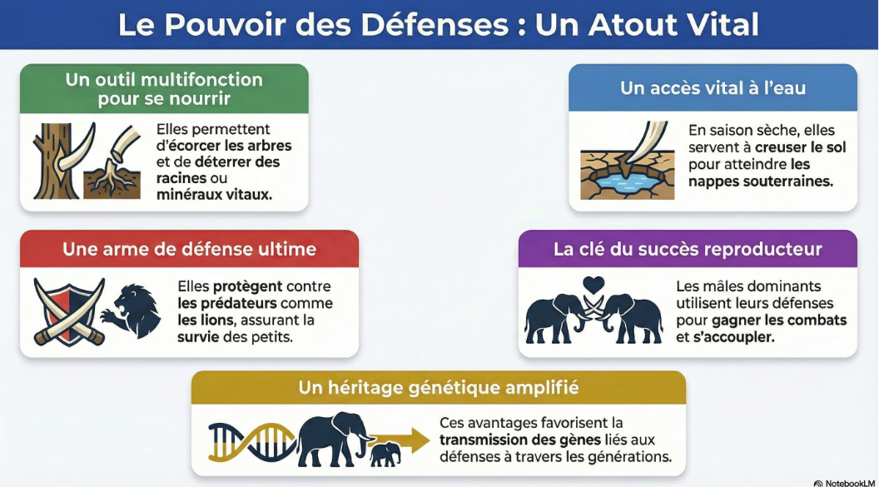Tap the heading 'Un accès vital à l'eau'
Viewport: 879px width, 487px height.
click(713, 87)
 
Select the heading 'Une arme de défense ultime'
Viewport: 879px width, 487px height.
click(190, 249)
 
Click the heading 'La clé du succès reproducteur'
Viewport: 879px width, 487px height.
click(688, 249)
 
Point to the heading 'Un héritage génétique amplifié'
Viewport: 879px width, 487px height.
click(439, 388)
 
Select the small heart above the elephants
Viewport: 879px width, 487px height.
click(593, 285)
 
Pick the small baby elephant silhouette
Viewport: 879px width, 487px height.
click(385, 454)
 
